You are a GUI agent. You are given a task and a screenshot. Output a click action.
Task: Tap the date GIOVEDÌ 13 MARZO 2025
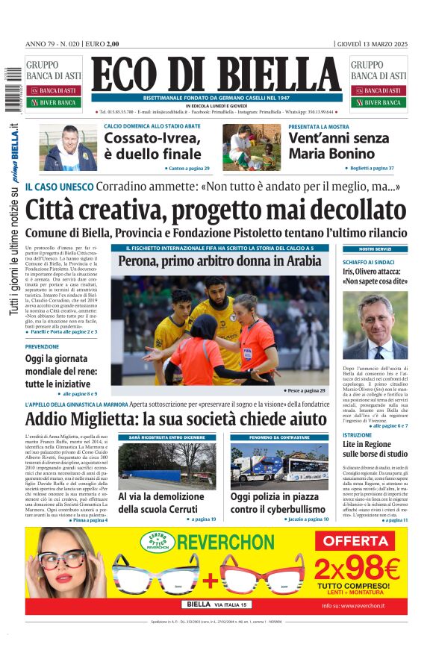coord(371,43)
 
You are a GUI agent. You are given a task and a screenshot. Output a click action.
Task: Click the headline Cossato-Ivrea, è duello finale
coord(152,146)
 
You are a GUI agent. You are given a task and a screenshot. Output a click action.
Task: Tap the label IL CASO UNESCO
coord(57,187)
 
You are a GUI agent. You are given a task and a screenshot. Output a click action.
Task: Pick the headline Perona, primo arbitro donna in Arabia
coord(219,262)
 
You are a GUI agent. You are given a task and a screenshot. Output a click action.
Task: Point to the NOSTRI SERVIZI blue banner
coord(375,249)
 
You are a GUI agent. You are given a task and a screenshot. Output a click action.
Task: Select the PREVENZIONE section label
coord(42,347)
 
